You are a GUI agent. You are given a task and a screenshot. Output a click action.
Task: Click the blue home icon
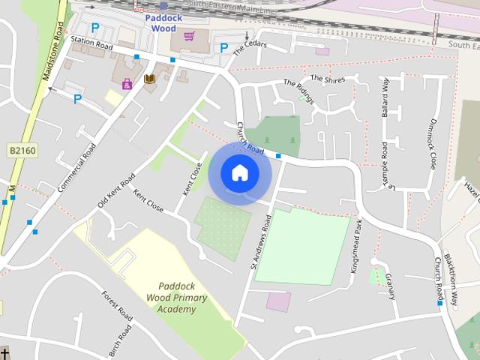click(x=239, y=173)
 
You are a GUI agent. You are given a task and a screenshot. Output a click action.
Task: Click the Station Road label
click(x=91, y=46)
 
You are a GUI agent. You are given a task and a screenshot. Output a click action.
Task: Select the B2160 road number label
click(x=22, y=151)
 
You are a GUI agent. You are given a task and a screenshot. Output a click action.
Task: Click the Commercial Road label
click(x=77, y=166)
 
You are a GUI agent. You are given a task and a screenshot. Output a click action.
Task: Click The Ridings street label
click(x=298, y=91)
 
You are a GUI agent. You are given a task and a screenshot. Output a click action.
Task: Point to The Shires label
click(x=326, y=78)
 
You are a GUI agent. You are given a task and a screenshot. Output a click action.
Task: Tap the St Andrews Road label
click(x=260, y=240)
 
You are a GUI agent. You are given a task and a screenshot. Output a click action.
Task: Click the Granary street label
click(x=390, y=286)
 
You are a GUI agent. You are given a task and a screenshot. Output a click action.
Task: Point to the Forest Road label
click(x=118, y=307)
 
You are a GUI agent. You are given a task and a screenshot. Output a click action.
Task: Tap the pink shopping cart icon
click(x=188, y=35)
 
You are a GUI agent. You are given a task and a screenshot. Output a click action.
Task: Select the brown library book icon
click(x=149, y=79)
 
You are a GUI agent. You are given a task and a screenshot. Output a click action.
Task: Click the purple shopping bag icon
click(x=127, y=83)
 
